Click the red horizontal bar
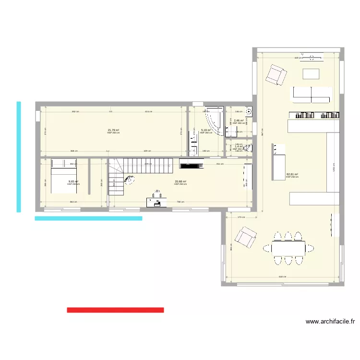tap(115, 310)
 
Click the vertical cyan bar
tap(19, 156)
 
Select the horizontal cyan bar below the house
tap(88, 218)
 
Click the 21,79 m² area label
tap(113, 130)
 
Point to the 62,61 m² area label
tap(292, 175)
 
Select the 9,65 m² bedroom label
tap(73, 181)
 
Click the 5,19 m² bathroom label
tap(206, 130)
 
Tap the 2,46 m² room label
tap(239, 120)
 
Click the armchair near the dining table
tap(245, 238)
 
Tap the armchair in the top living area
tap(276, 74)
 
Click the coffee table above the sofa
tap(311, 73)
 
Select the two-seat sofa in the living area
tap(312, 94)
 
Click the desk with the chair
tap(157, 200)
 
